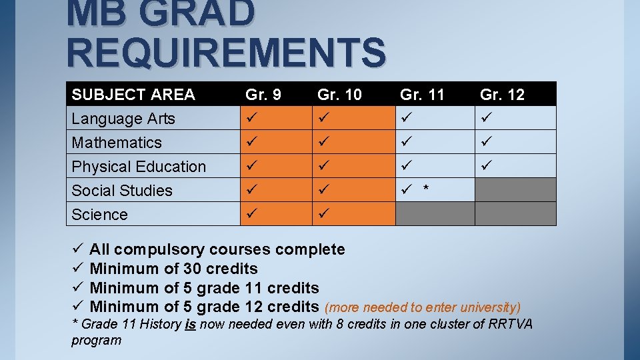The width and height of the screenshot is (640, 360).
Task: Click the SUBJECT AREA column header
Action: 133,95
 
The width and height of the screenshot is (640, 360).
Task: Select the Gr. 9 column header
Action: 263,95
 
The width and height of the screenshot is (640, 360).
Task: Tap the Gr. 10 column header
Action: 339,95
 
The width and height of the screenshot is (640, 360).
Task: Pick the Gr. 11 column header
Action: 421,95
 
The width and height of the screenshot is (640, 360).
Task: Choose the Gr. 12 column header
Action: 501,95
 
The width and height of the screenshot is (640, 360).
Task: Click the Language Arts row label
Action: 123,119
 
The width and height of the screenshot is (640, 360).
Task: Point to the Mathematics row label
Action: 117,143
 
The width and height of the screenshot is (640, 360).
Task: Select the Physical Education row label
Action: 139,167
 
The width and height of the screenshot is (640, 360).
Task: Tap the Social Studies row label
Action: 122,191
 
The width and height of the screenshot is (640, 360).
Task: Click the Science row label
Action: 99,215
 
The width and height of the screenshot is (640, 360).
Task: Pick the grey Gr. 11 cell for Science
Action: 435,214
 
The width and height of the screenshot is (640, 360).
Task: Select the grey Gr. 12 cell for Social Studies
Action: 515,190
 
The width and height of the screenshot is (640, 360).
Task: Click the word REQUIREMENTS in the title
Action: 226,54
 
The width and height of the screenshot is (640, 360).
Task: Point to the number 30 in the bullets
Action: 192,269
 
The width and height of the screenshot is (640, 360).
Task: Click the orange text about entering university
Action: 422,307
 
